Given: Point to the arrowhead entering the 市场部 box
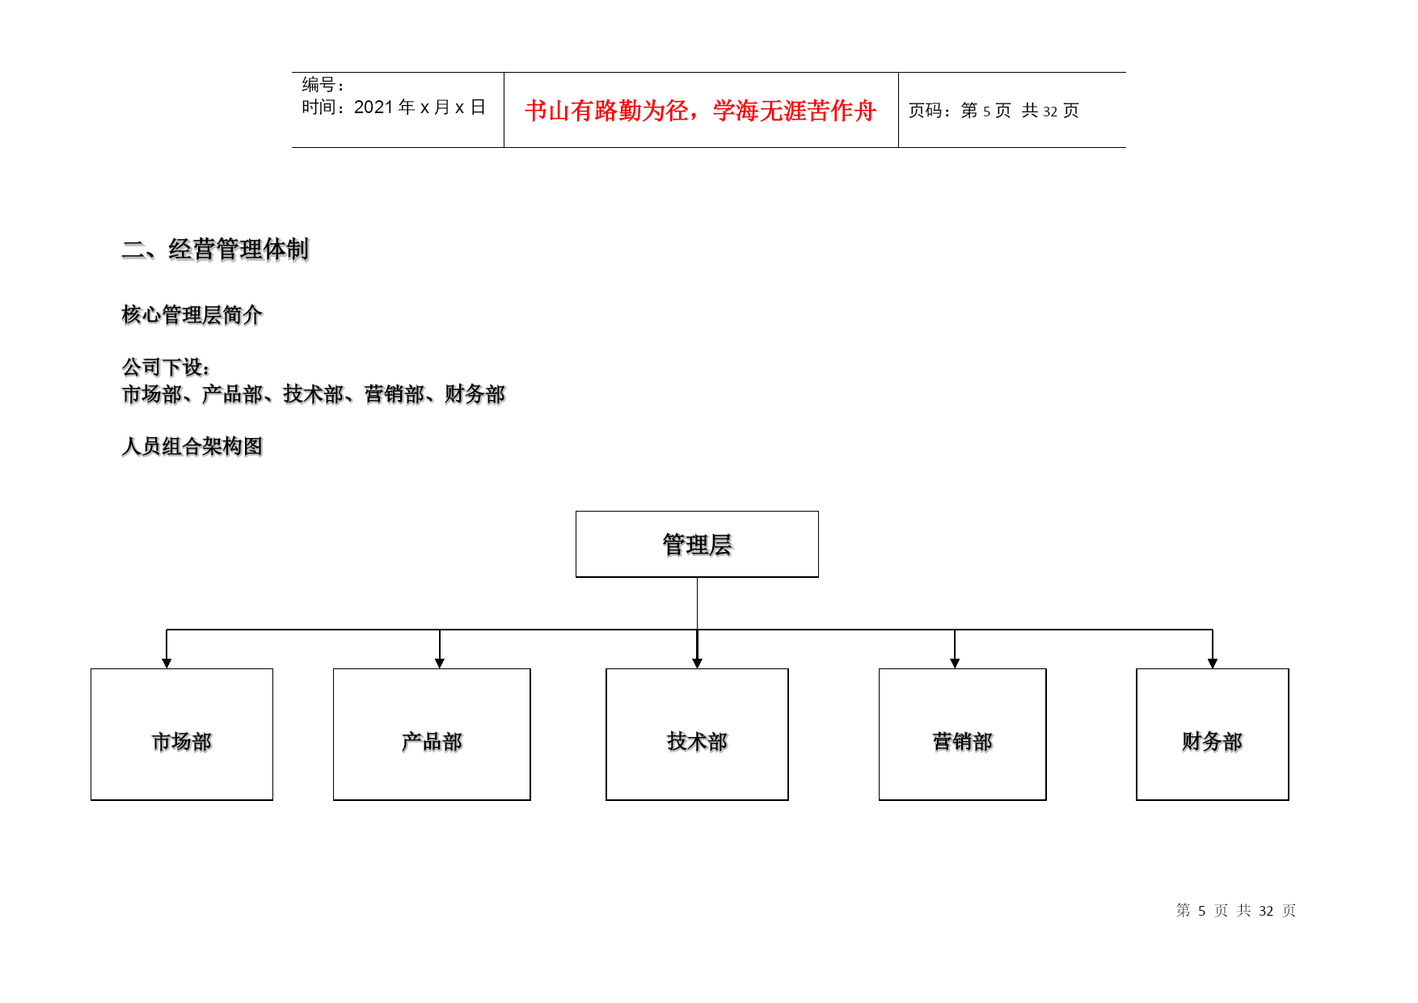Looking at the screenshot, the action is pyautogui.click(x=167, y=664).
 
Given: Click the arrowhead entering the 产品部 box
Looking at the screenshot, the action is pyautogui.click(x=440, y=664).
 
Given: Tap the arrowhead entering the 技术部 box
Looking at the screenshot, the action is pyautogui.click(x=697, y=664).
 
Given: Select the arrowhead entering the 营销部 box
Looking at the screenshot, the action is pyautogui.click(x=955, y=664).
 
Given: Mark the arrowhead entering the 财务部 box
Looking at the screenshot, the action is pyautogui.click(x=1213, y=664).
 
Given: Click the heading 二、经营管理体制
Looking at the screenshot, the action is pyautogui.click(x=215, y=249).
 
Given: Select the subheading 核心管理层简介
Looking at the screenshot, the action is pyautogui.click(x=192, y=314).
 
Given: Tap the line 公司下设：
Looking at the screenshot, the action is pyautogui.click(x=167, y=367).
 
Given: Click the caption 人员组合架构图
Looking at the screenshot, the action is pyautogui.click(x=192, y=446).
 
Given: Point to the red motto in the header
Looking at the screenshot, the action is pyautogui.click(x=700, y=111).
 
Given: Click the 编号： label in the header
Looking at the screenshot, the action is pyautogui.click(x=323, y=84).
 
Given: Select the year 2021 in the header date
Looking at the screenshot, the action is pyautogui.click(x=373, y=107).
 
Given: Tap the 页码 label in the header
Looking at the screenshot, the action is pyautogui.click(x=926, y=111).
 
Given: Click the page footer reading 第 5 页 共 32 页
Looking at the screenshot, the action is pyautogui.click(x=1235, y=911).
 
